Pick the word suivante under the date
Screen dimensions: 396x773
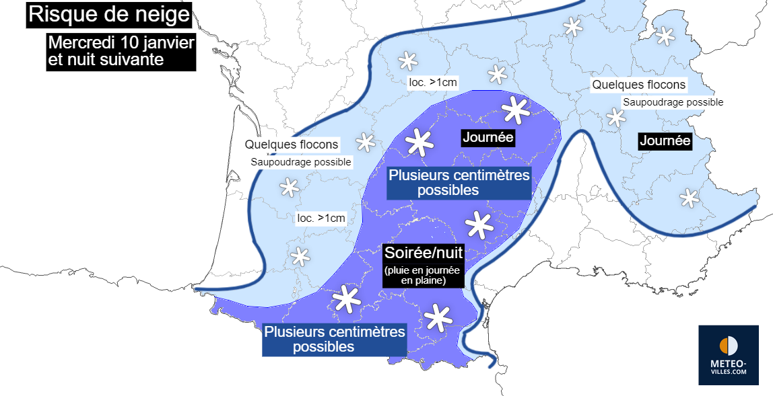131,59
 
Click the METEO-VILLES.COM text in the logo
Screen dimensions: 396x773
729,367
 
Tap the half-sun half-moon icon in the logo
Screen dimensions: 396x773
729,346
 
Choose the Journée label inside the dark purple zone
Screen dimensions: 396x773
488,138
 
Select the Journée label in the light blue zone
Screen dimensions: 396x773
665,141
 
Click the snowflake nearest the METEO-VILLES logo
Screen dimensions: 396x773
688,198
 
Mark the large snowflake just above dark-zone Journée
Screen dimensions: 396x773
515,109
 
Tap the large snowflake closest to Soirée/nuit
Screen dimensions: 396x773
479,225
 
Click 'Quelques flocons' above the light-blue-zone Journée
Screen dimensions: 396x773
638,85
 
